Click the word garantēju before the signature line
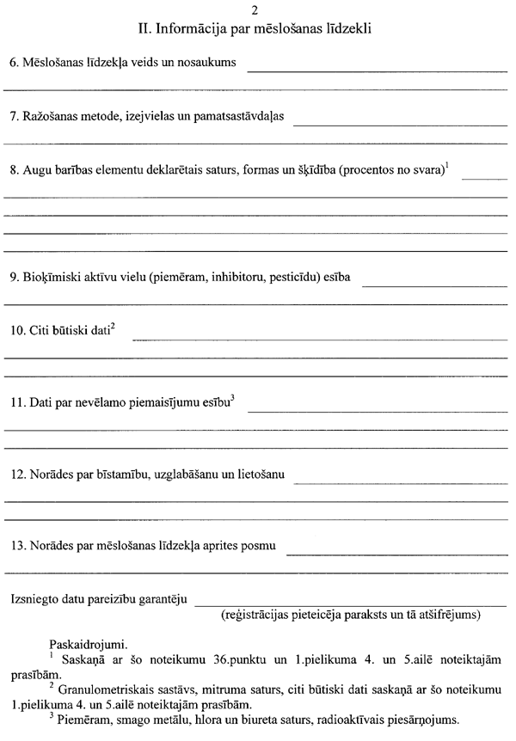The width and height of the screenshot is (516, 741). coord(158,598)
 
